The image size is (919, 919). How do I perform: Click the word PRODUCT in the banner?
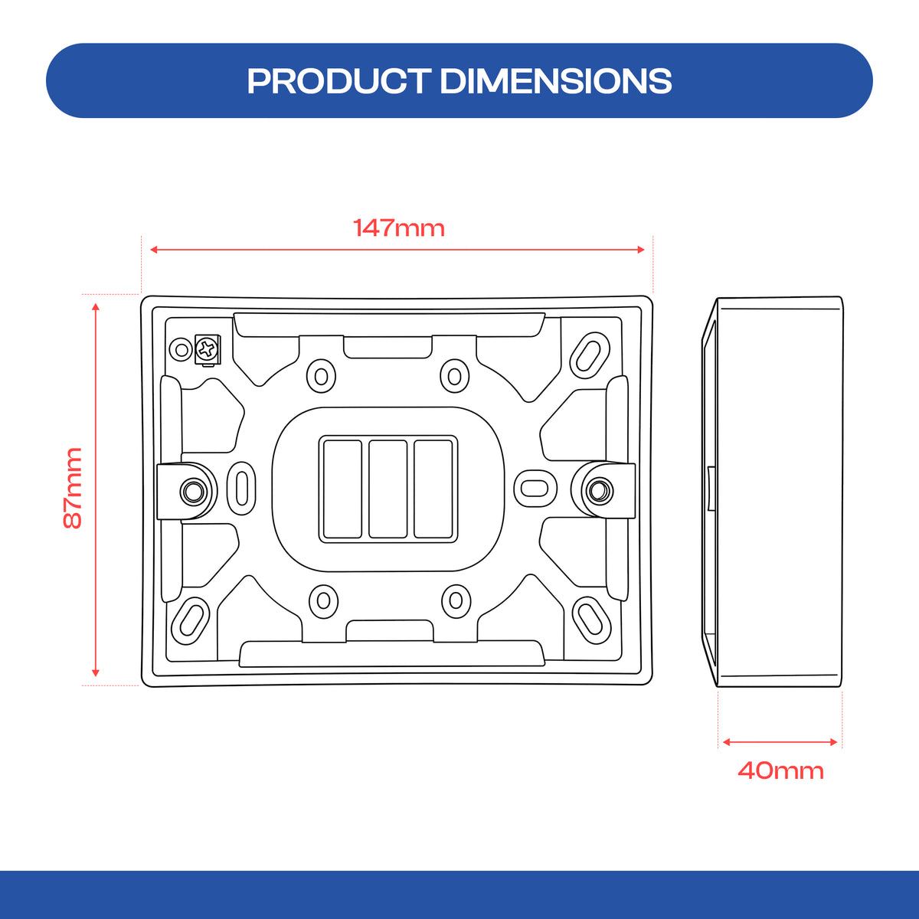(x=339, y=81)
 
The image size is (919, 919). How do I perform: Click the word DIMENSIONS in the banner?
(x=555, y=81)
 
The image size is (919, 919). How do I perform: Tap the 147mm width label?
(x=399, y=228)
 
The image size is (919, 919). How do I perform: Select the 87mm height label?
(x=73, y=488)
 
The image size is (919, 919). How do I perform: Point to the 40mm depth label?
(x=780, y=770)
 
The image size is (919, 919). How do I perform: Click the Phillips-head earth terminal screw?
(x=207, y=349)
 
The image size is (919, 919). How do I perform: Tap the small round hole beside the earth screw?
(x=182, y=350)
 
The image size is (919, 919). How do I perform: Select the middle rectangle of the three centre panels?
(x=388, y=489)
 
